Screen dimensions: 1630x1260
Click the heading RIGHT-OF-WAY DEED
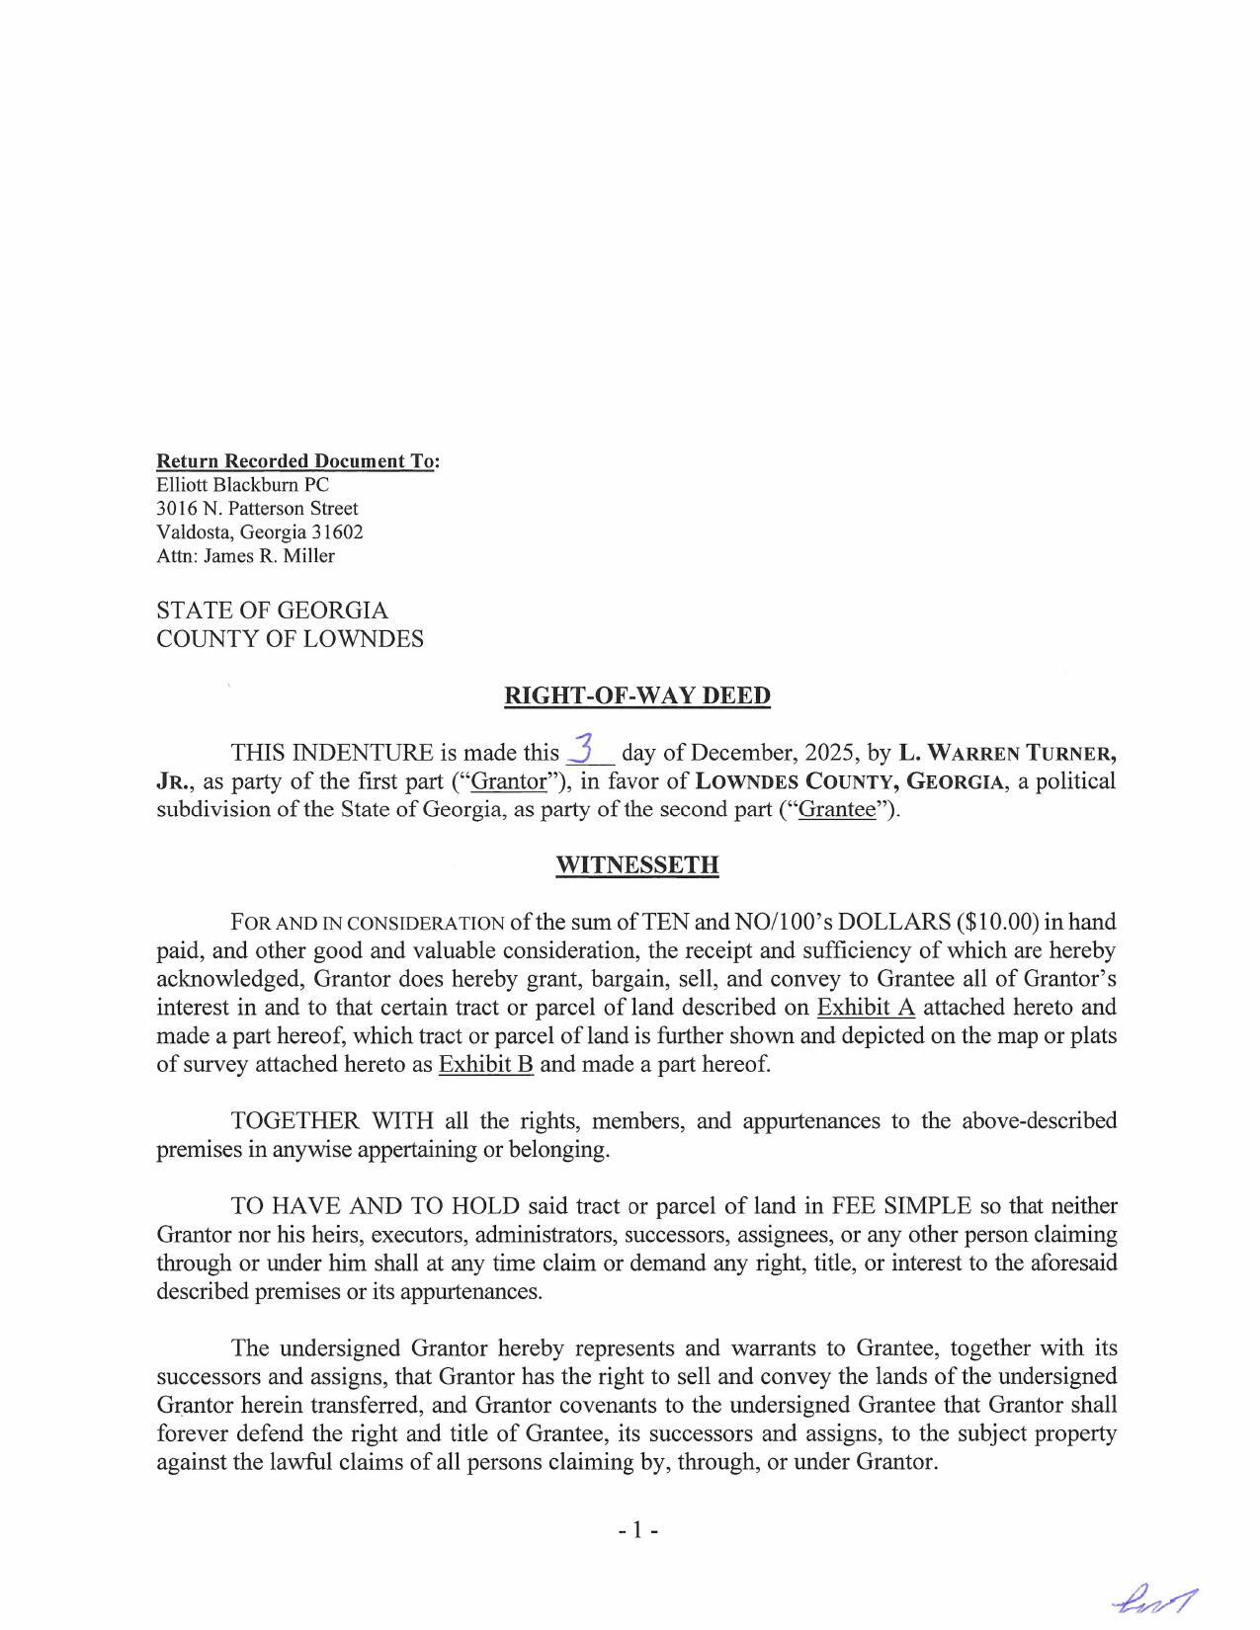[636, 695]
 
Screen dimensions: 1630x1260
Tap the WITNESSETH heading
[636, 865]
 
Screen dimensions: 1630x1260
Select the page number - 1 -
[637, 1530]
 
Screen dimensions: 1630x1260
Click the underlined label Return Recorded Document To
[295, 461]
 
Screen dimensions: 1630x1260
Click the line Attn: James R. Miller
[245, 556]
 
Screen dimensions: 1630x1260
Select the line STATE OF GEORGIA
[272, 611]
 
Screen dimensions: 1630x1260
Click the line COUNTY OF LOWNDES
[290, 639]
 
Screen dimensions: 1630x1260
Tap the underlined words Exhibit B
[485, 1065]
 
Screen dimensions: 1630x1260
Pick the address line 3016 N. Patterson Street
[257, 509]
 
